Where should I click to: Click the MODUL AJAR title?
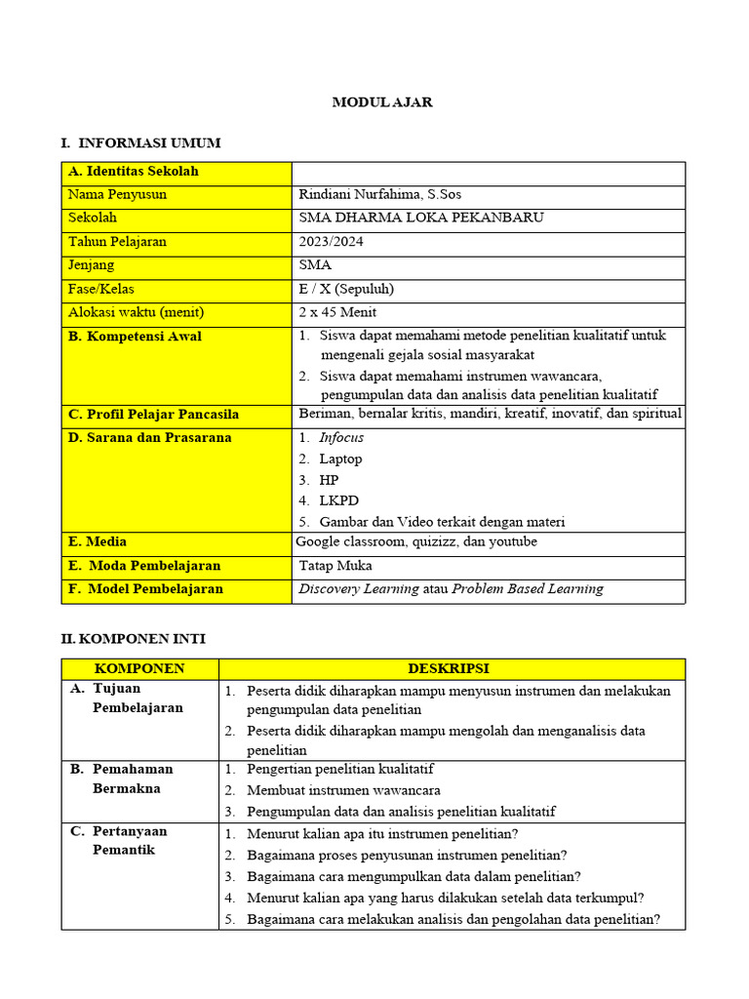(x=382, y=102)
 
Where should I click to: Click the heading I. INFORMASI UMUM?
(x=140, y=143)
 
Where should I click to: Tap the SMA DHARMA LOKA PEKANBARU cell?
(x=421, y=218)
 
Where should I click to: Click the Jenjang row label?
(x=91, y=264)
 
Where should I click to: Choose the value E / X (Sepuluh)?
(x=346, y=289)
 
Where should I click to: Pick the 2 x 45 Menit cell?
(x=337, y=312)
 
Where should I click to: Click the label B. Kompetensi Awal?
(x=135, y=337)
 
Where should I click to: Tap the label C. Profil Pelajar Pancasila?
(x=153, y=415)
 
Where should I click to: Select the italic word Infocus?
(x=341, y=438)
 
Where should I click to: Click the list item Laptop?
(x=340, y=459)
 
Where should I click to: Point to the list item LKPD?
(x=338, y=500)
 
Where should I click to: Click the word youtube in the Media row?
(x=513, y=541)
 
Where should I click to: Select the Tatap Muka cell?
(x=335, y=566)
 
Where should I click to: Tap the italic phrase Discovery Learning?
(x=359, y=589)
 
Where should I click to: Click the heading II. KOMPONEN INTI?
(x=133, y=639)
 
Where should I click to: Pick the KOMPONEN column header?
(x=139, y=668)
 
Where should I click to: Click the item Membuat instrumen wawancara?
(x=343, y=790)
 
